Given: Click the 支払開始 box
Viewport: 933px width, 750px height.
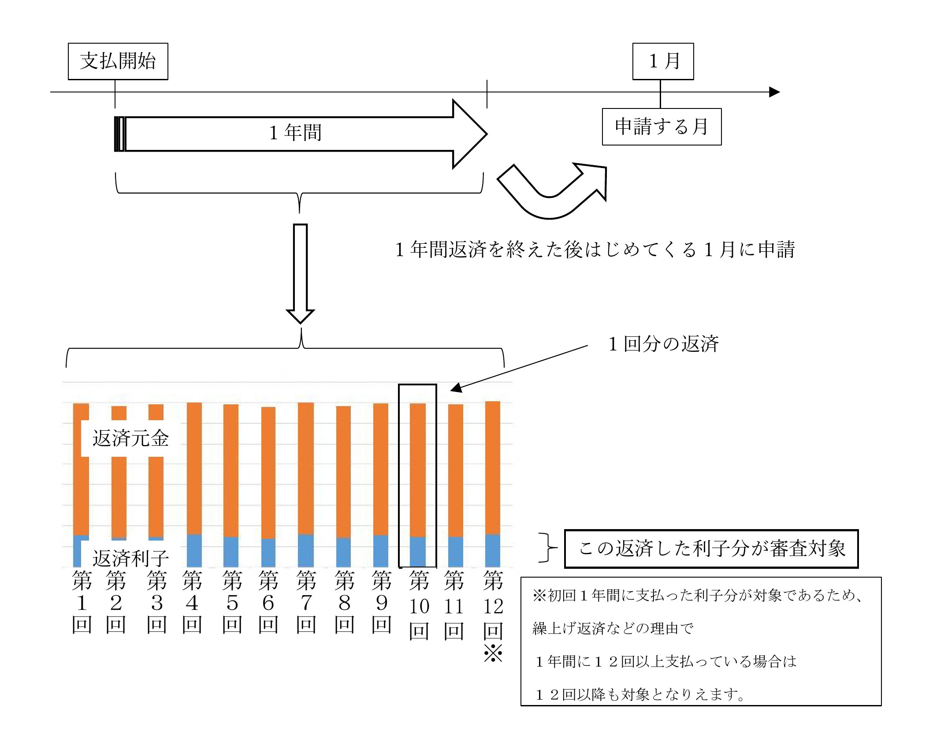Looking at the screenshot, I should [x=118, y=61].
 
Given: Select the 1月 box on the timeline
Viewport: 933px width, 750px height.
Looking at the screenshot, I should [x=663, y=61].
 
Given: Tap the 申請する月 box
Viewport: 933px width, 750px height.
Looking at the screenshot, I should [x=662, y=127].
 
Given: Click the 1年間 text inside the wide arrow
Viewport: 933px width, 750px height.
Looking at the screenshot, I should [x=295, y=133].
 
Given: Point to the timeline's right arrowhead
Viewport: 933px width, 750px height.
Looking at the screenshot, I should [x=774, y=92].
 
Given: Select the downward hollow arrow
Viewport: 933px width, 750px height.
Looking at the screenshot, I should [x=300, y=273].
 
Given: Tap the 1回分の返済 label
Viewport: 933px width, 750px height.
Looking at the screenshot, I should [x=663, y=344].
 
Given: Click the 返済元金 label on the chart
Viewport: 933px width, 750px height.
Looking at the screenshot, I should [x=130, y=438].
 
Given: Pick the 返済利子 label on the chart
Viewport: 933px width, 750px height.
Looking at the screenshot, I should [x=130, y=559].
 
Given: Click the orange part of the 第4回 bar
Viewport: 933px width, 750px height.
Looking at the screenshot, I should [x=194, y=467].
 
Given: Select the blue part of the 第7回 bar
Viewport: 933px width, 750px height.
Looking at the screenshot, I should [x=306, y=551].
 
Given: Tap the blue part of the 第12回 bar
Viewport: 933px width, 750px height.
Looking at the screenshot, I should [x=493, y=551].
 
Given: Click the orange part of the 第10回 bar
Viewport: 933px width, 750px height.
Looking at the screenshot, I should [x=418, y=470].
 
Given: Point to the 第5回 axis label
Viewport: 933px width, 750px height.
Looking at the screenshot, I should [x=232, y=602].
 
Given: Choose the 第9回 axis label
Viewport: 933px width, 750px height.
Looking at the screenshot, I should [x=381, y=602].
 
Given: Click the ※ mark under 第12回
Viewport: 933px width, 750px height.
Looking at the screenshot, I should [x=493, y=653].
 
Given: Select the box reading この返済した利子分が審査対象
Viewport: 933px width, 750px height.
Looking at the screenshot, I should [x=711, y=549].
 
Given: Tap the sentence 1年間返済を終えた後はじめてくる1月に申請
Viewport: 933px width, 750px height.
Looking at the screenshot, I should [x=595, y=250].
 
